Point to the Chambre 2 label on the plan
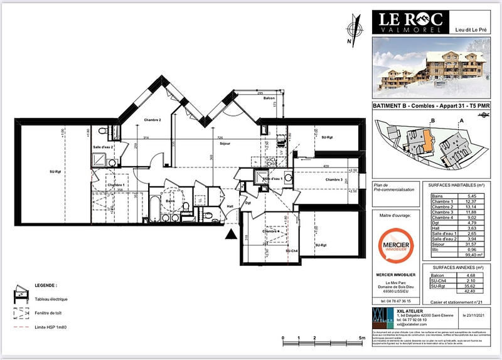[x=152, y=120]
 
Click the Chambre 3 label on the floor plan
[x=333, y=180]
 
